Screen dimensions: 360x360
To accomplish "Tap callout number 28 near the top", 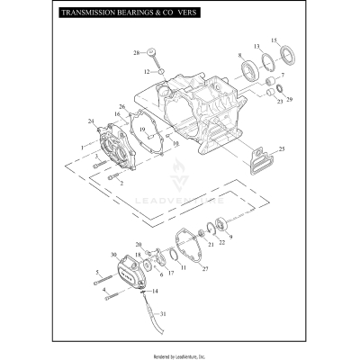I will pyautogui.click(x=138, y=53).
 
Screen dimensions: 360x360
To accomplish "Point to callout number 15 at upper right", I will pyautogui.click(x=275, y=40).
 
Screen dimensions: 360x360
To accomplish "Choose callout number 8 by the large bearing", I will pyautogui.click(x=239, y=57).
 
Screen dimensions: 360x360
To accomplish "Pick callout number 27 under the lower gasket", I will pyautogui.click(x=205, y=268).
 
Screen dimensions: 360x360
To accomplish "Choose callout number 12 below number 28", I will pyautogui.click(x=146, y=70).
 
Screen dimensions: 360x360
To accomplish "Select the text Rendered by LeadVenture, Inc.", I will pyautogui.click(x=180, y=353).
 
